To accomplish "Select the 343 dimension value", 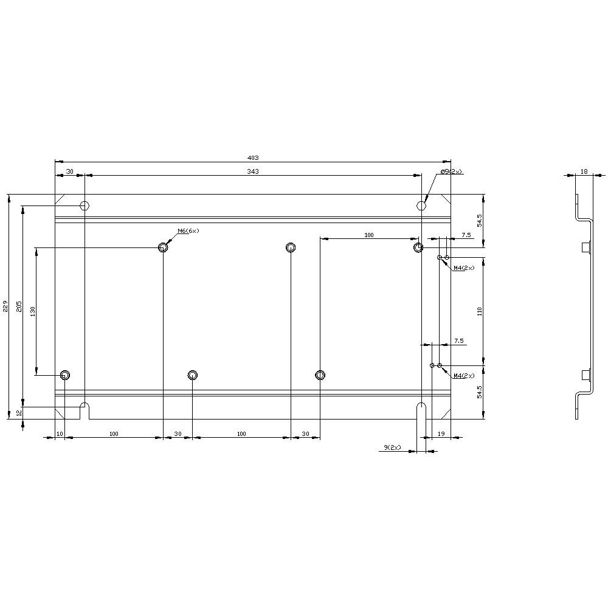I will (253, 171).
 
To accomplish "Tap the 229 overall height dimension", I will (5, 306).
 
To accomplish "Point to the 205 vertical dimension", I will (19, 306).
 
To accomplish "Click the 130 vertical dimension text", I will (33, 311).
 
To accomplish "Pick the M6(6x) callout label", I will (188, 231).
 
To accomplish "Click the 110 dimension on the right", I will (480, 311).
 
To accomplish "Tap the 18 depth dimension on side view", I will (584, 172).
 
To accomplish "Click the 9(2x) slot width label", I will (392, 447).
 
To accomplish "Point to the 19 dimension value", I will (441, 434).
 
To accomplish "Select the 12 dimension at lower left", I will (19, 412).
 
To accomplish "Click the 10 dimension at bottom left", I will (59, 434).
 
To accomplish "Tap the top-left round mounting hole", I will (85, 205).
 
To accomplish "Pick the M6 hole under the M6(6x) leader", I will (163, 247).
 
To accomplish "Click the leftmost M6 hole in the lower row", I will (65, 375).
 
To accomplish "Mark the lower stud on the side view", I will (586, 374).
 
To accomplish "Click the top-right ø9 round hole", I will (421, 205).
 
